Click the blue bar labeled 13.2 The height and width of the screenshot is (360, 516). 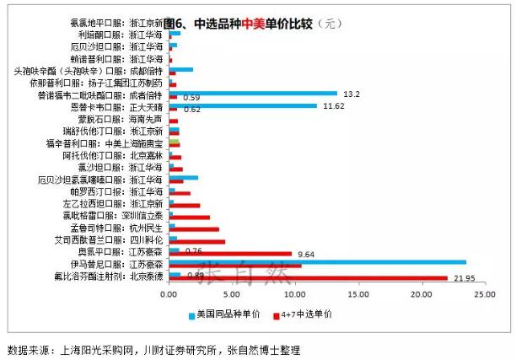[253, 94]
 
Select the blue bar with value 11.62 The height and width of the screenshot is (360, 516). [243, 105]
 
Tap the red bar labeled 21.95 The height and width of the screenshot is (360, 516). [308, 278]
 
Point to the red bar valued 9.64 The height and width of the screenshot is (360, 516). [230, 253]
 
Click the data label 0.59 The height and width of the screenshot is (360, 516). [191, 98]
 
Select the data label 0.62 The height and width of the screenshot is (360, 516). [191, 110]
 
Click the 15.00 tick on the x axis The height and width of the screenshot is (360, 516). [358, 295]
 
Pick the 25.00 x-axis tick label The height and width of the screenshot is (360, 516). [484, 295]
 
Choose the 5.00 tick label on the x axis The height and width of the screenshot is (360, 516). [233, 295]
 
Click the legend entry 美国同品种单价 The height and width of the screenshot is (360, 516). [224, 314]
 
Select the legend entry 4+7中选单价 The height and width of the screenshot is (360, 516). [309, 314]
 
